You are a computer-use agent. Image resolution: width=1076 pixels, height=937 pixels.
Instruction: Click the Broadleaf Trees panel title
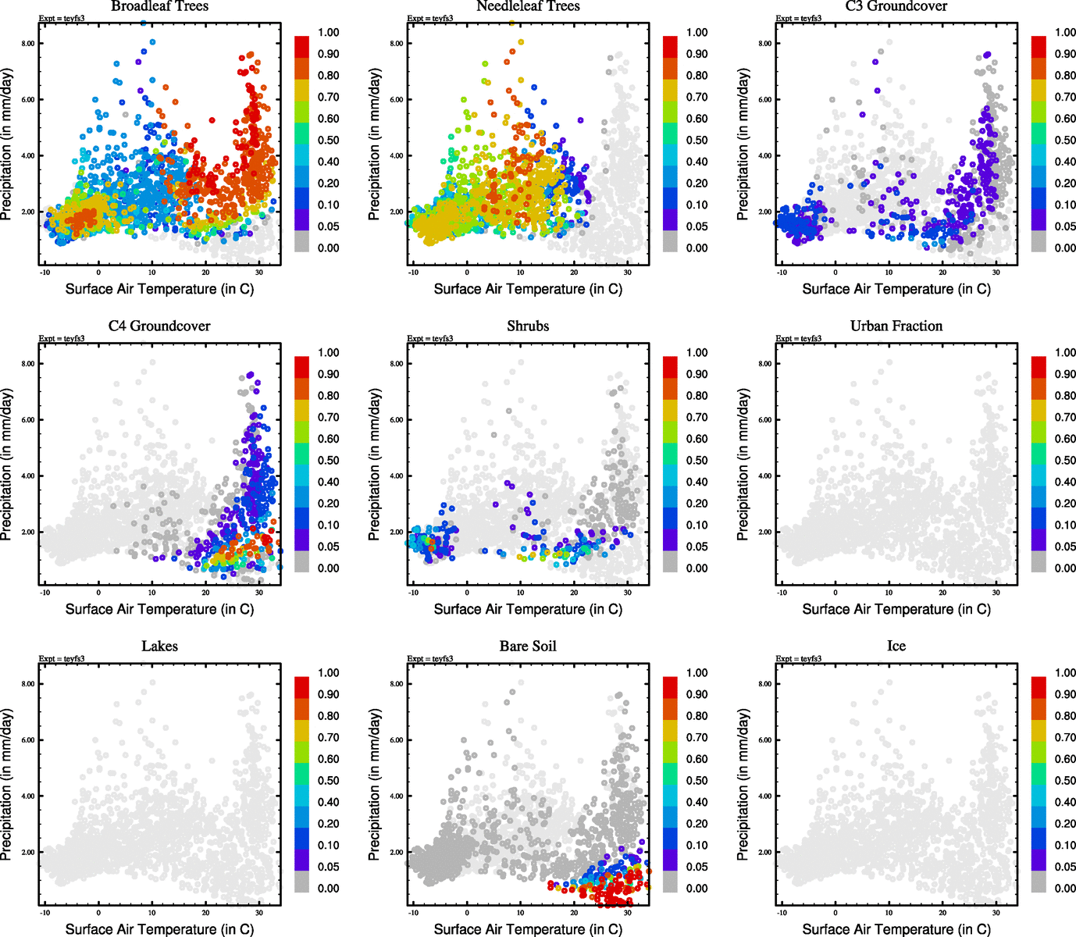pyautogui.click(x=159, y=6)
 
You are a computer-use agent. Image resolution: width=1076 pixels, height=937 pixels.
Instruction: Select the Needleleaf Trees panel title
pyautogui.click(x=528, y=6)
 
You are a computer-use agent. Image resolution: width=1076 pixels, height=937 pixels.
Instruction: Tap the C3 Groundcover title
pyautogui.click(x=896, y=6)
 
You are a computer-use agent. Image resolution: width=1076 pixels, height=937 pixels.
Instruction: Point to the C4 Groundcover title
pyautogui.click(x=159, y=326)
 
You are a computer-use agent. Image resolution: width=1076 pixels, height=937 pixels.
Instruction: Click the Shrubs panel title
pyautogui.click(x=528, y=326)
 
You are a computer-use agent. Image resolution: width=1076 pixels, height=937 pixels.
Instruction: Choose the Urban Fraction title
pyautogui.click(x=896, y=326)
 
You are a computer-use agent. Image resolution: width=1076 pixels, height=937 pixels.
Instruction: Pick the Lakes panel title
pyautogui.click(x=159, y=647)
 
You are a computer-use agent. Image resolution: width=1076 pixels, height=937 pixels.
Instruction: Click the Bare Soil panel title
pyautogui.click(x=528, y=647)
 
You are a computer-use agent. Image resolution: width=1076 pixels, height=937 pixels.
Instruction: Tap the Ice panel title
pyautogui.click(x=896, y=647)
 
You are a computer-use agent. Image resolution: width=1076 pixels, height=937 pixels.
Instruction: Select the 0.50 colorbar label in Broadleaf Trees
pyautogui.click(x=328, y=141)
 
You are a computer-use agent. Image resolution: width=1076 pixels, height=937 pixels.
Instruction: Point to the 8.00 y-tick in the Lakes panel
pyautogui.click(x=27, y=684)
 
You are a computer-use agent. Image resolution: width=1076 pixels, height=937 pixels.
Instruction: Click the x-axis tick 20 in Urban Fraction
pyautogui.click(x=942, y=593)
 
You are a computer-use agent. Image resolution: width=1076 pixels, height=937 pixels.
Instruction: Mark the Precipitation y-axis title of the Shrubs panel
pyautogui.click(x=375, y=465)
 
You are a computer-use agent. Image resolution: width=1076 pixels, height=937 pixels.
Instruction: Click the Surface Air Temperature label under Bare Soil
pyautogui.click(x=528, y=929)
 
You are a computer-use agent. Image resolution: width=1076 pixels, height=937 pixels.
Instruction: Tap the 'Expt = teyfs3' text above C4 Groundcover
pyautogui.click(x=62, y=339)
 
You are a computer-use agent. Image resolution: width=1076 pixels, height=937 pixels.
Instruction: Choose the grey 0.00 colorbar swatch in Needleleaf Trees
pyautogui.click(x=670, y=242)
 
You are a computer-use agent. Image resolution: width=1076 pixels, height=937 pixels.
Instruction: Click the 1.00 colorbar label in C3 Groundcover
pyautogui.click(x=1065, y=33)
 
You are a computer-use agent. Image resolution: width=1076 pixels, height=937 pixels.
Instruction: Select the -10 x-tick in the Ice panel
pyautogui.click(x=782, y=913)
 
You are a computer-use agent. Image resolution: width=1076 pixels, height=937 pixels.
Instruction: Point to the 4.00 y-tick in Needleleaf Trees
pyautogui.click(x=396, y=156)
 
